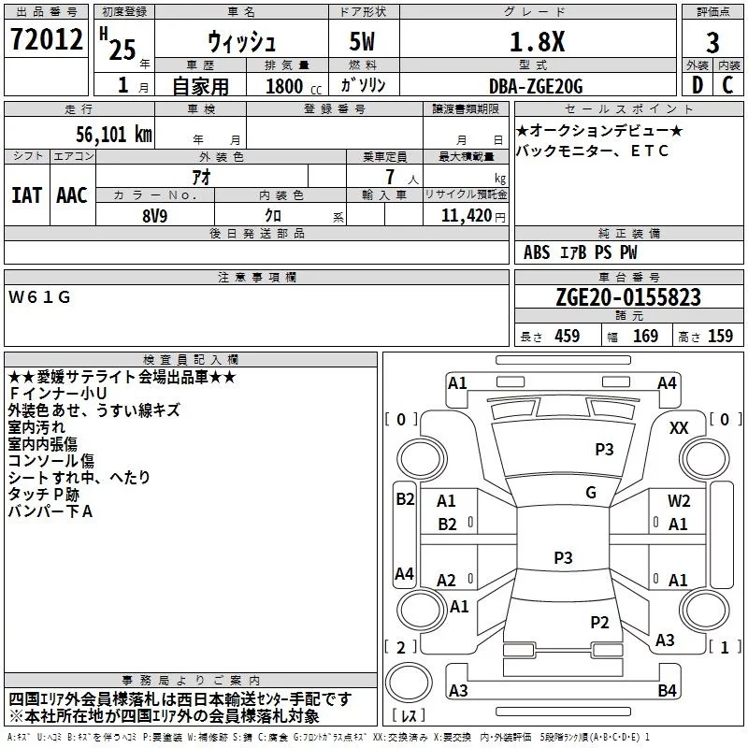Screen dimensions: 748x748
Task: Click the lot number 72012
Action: click(46, 42)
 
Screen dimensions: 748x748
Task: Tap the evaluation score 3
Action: click(712, 43)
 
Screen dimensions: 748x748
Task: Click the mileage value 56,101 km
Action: click(102, 134)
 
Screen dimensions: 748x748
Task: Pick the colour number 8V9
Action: click(155, 213)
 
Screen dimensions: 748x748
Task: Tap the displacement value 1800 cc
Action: click(289, 87)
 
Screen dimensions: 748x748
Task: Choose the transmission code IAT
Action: click(26, 195)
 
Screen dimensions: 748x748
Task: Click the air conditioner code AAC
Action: click(72, 195)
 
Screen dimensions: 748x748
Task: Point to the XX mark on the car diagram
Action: click(680, 427)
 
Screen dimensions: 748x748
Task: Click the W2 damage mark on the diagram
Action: click(679, 501)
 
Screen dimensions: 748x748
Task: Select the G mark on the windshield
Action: click(591, 492)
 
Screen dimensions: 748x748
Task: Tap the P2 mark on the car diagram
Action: click(599, 622)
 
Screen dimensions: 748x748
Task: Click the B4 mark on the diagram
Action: click(667, 691)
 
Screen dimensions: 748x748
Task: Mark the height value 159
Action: click(720, 337)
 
